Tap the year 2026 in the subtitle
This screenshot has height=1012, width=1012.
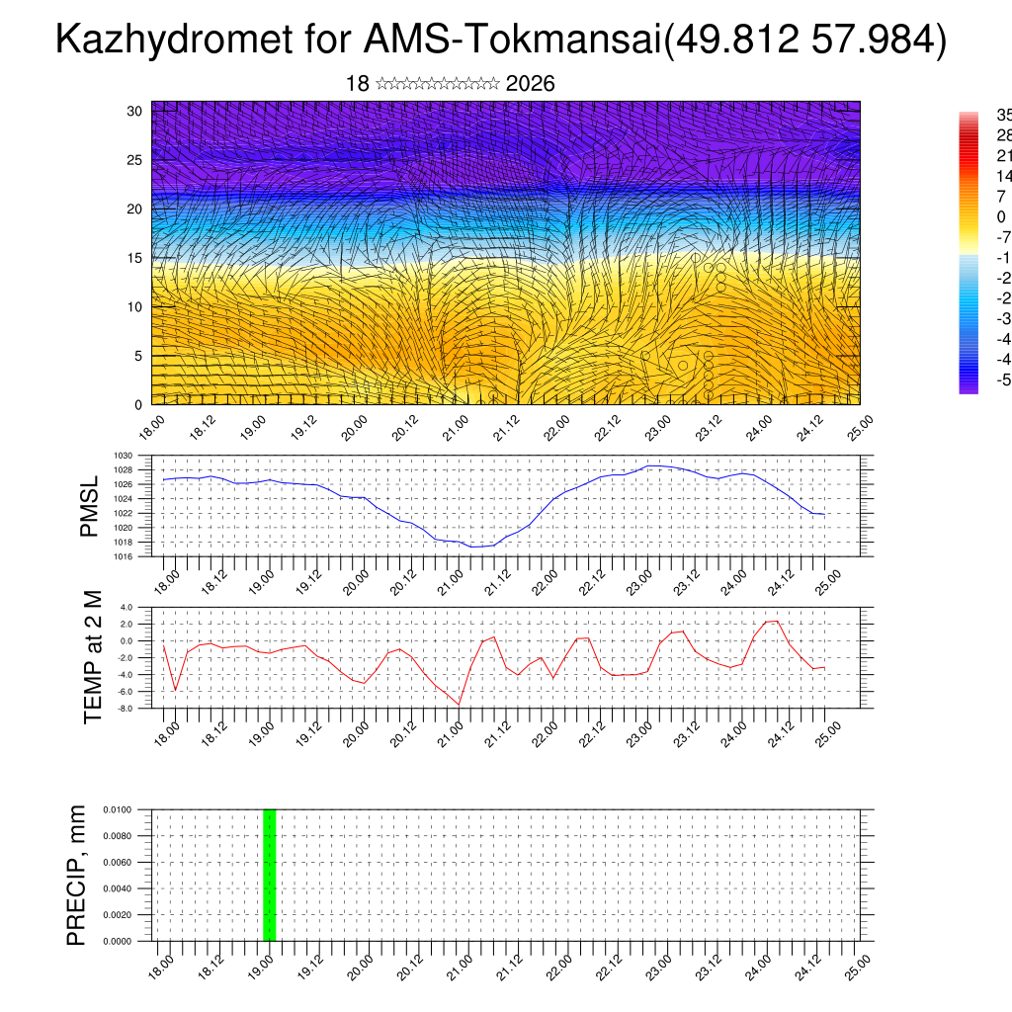click(530, 84)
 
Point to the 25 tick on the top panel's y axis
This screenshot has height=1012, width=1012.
click(135, 160)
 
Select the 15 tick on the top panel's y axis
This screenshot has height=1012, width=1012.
click(135, 258)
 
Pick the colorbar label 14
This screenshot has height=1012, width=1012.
click(1001, 176)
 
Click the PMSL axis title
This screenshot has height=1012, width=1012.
click(90, 506)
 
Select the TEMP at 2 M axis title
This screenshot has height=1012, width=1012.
click(94, 657)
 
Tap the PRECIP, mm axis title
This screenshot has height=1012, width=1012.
click(77, 875)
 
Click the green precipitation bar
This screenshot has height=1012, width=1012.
click(269, 875)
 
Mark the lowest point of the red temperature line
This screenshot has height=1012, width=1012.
click(459, 705)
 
